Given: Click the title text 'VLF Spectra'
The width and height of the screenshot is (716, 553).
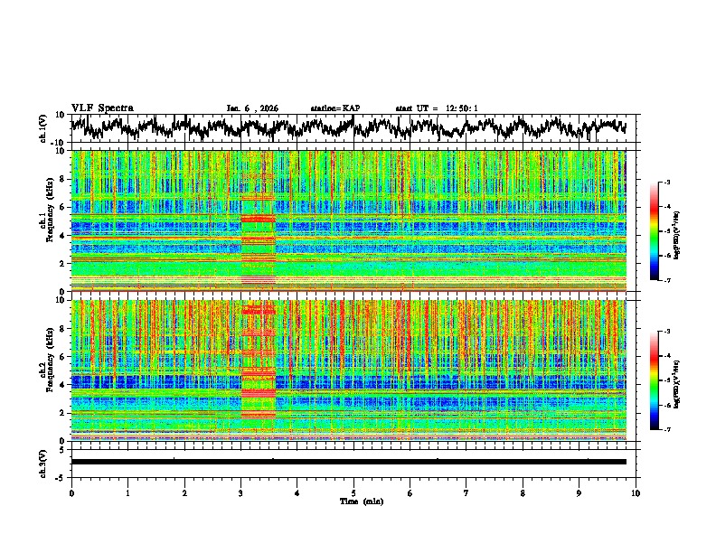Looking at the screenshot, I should [x=102, y=108].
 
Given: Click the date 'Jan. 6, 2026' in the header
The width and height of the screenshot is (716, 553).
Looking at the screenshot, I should [x=252, y=108].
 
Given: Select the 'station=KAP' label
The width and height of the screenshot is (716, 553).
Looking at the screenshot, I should [x=334, y=108].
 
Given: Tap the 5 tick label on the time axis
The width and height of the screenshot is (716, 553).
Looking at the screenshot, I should [x=354, y=493].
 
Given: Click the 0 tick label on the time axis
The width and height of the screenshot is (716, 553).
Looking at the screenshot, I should [x=71, y=493].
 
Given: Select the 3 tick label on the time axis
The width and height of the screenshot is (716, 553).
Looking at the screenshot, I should [x=241, y=493].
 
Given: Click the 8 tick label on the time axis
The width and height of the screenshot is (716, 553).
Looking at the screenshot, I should [x=523, y=493].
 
